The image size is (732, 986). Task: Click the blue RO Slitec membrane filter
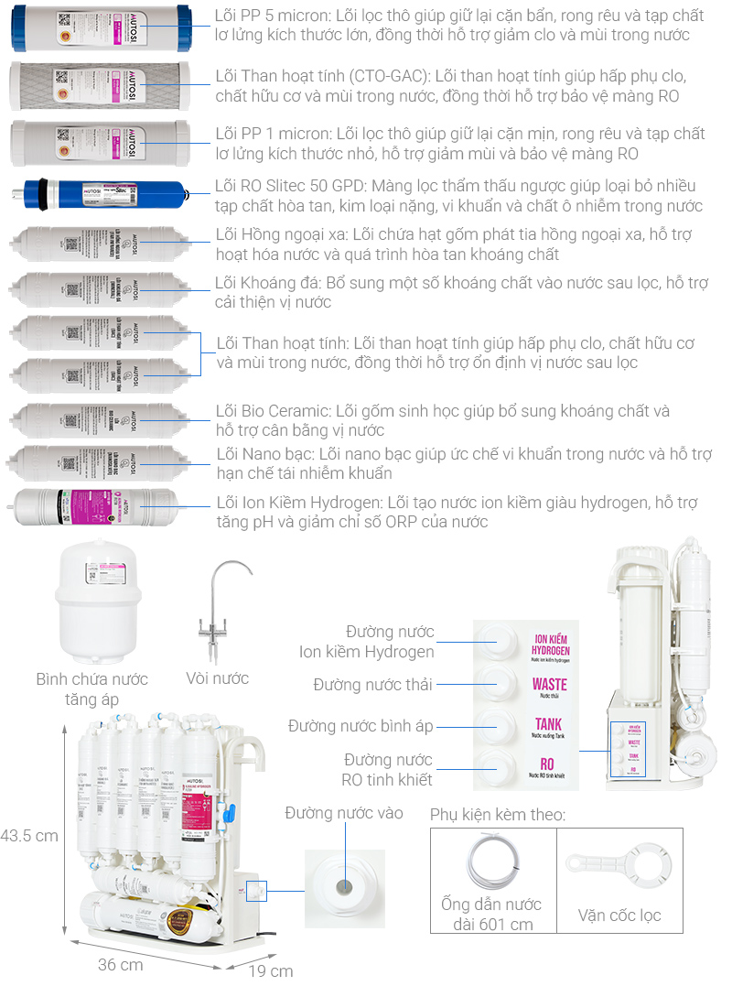coord(101,194)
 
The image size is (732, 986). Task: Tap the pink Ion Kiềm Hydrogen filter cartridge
coord(96,509)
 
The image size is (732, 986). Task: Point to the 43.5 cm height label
coord(29,835)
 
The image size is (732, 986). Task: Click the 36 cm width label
coord(121,964)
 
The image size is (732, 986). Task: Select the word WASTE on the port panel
coord(550,684)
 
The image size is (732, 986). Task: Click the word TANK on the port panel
coord(550,723)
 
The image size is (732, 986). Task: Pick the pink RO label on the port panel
coord(547,764)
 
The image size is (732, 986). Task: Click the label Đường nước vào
coord(343,813)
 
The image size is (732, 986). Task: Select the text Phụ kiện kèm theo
coord(497,815)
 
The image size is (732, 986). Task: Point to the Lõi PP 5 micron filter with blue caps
coord(100,28)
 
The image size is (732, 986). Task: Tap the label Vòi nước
coord(217,678)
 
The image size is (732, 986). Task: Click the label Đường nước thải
coord(372,684)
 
